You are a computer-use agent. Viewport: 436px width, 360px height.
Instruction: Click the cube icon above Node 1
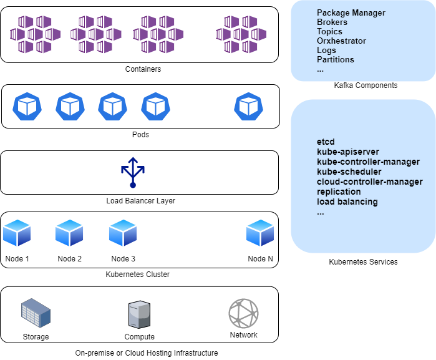(17, 233)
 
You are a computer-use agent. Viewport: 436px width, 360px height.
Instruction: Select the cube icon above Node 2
(69, 233)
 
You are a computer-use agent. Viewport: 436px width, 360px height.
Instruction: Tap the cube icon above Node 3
(123, 233)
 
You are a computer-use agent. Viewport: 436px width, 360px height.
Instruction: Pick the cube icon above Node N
(260, 233)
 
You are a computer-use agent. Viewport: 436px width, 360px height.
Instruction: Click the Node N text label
(260, 259)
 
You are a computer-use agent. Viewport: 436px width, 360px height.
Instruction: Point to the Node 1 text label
(17, 259)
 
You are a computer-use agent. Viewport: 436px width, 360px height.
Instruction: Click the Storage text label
(36, 337)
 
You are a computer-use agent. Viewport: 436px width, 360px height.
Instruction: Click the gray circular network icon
(243, 313)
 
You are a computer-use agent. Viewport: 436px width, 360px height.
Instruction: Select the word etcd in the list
(326, 142)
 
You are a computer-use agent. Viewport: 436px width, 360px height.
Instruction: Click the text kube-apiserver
(347, 152)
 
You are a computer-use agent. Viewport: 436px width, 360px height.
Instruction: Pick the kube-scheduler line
(349, 172)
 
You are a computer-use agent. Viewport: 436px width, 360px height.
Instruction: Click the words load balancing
(347, 202)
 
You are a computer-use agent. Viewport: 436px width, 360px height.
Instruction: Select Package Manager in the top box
(351, 12)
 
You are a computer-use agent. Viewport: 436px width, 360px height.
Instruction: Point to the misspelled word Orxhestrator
(341, 41)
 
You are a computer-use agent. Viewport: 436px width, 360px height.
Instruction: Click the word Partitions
(335, 59)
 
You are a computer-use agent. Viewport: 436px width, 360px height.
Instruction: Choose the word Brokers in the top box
(332, 22)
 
